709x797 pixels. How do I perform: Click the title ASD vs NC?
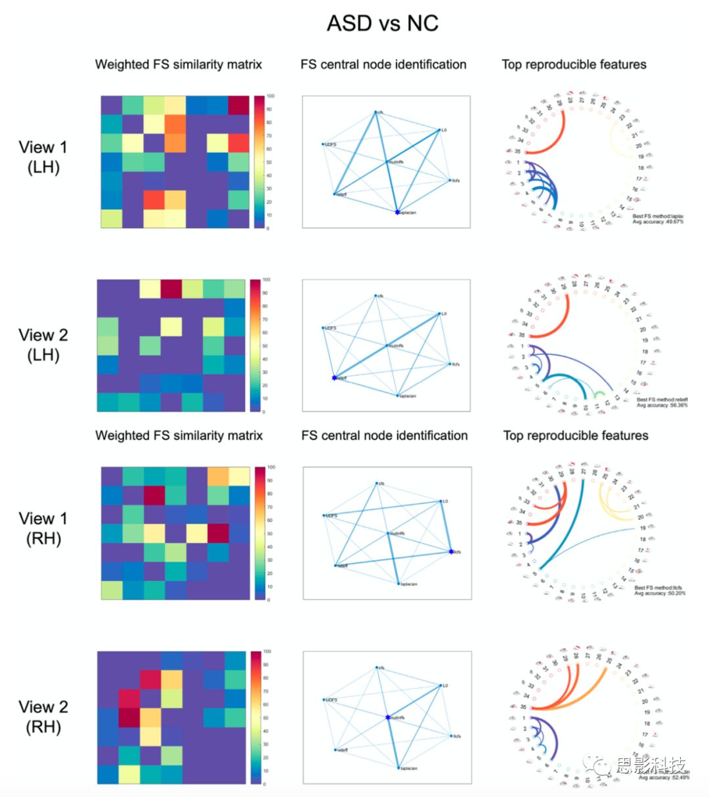[x=382, y=24]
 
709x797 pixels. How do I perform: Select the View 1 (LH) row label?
[x=43, y=157]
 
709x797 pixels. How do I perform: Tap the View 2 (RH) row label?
[x=43, y=716]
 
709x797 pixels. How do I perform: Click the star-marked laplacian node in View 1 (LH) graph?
[x=397, y=212]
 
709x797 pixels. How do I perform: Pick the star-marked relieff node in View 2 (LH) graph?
[x=334, y=377]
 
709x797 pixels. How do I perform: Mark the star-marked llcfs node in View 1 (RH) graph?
[x=451, y=551]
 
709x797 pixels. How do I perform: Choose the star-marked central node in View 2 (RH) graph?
[x=387, y=718]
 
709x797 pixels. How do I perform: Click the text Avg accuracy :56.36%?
[x=662, y=405]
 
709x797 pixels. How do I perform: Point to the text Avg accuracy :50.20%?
[x=660, y=593]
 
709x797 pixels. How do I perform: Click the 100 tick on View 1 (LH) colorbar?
[x=270, y=96]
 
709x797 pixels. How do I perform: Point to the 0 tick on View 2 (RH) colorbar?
[x=265, y=784]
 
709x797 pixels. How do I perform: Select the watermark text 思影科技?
[x=650, y=765]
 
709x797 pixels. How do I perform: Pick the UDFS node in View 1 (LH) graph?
[x=323, y=144]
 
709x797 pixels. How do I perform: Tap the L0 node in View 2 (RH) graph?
[x=440, y=685]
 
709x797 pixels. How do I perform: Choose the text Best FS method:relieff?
[x=662, y=399]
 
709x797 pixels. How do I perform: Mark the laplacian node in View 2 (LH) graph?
[x=398, y=395]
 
